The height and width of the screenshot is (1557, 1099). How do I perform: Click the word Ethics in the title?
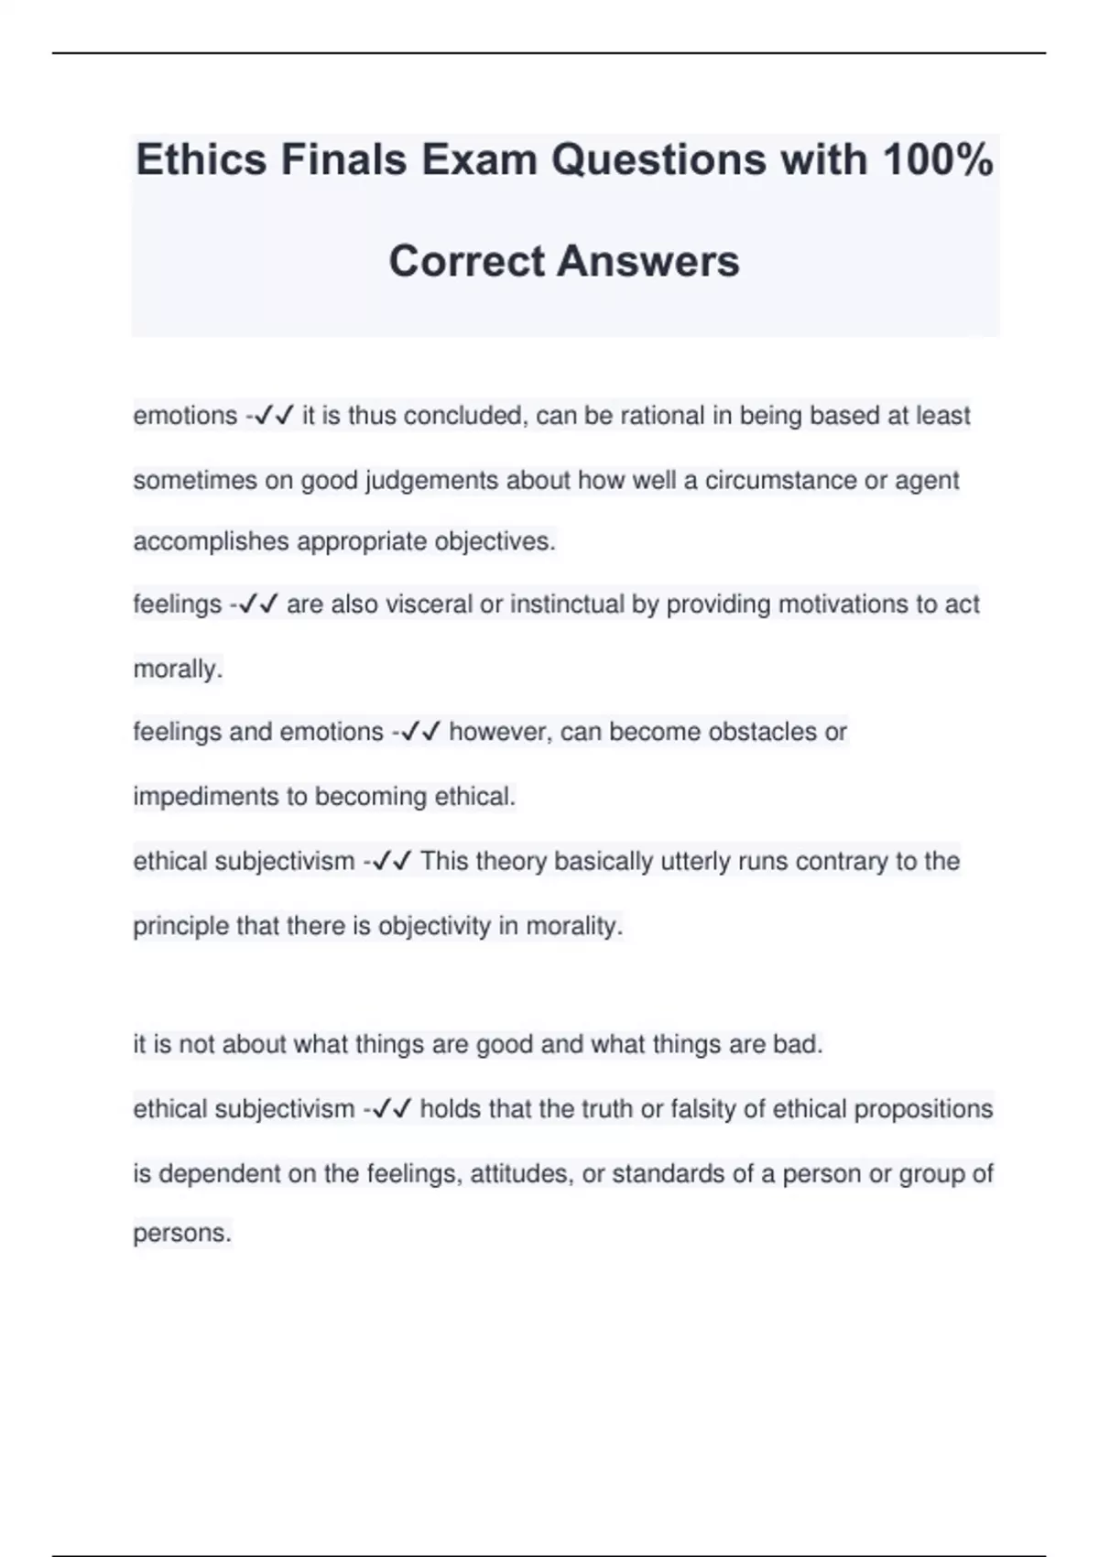(x=202, y=160)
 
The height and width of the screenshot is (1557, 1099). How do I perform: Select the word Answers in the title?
(x=647, y=261)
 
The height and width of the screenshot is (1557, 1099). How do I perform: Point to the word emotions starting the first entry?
(x=185, y=416)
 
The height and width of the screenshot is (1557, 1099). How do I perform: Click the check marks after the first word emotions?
(x=274, y=416)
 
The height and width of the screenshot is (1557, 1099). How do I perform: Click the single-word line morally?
(x=178, y=670)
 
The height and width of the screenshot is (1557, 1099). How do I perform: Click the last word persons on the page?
(x=181, y=1233)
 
